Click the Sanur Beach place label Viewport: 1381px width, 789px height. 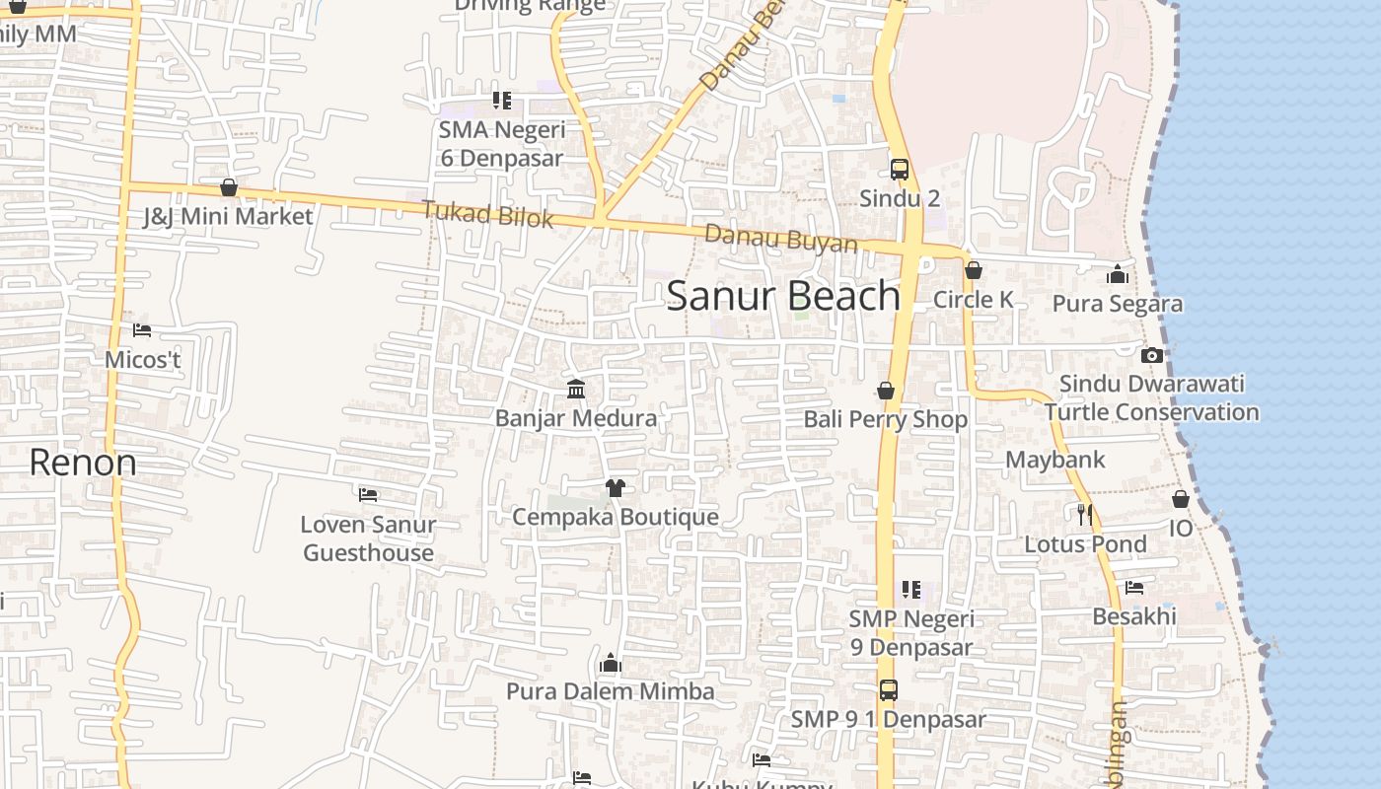[783, 296]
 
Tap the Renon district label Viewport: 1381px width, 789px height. [83, 462]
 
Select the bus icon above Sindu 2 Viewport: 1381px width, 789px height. [899, 169]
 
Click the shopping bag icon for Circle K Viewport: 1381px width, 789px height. [974, 270]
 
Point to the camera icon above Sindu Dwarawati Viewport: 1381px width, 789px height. [1151, 355]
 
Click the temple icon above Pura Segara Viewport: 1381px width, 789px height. [1117, 274]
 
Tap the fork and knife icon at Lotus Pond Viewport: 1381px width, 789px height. [1085, 514]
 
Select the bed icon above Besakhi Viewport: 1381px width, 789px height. [1134, 588]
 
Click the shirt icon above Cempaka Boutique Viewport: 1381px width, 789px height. [616, 487]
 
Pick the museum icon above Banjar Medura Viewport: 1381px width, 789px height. [576, 390]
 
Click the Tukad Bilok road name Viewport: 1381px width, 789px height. [487, 213]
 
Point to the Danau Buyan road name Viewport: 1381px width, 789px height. [780, 238]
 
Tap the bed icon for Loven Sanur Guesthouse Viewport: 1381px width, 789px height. [368, 494]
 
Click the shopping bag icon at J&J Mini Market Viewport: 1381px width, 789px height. [229, 187]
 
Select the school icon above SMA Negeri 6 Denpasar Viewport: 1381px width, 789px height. [502, 101]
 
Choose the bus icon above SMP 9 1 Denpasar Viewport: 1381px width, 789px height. [888, 689]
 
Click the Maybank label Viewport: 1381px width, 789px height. [1054, 460]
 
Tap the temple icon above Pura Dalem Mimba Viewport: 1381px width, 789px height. [611, 663]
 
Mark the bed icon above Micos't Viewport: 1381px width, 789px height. [142, 330]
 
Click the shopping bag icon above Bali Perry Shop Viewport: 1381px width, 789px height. [886, 391]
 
